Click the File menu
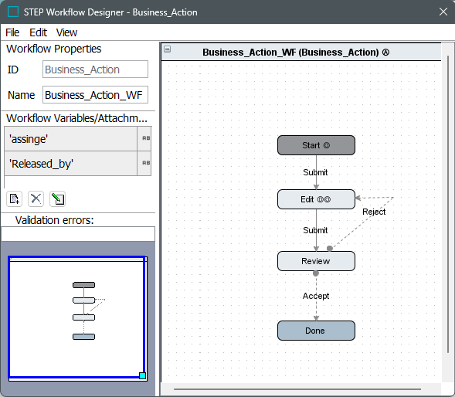(12, 32)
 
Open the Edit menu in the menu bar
(38, 32)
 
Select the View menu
(66, 32)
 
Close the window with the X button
(443, 12)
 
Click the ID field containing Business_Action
(95, 70)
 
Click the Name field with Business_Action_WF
(95, 94)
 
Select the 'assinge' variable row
(71, 139)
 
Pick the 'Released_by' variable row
(71, 164)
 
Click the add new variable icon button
(14, 198)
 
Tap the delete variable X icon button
(36, 198)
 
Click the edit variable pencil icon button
(57, 198)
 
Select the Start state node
(316, 145)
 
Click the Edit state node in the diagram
(316, 199)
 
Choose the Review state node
(316, 261)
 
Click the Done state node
(316, 331)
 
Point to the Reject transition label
(374, 212)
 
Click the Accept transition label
(316, 296)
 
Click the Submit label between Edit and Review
(315, 230)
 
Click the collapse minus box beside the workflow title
(167, 49)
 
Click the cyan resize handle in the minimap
(142, 376)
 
